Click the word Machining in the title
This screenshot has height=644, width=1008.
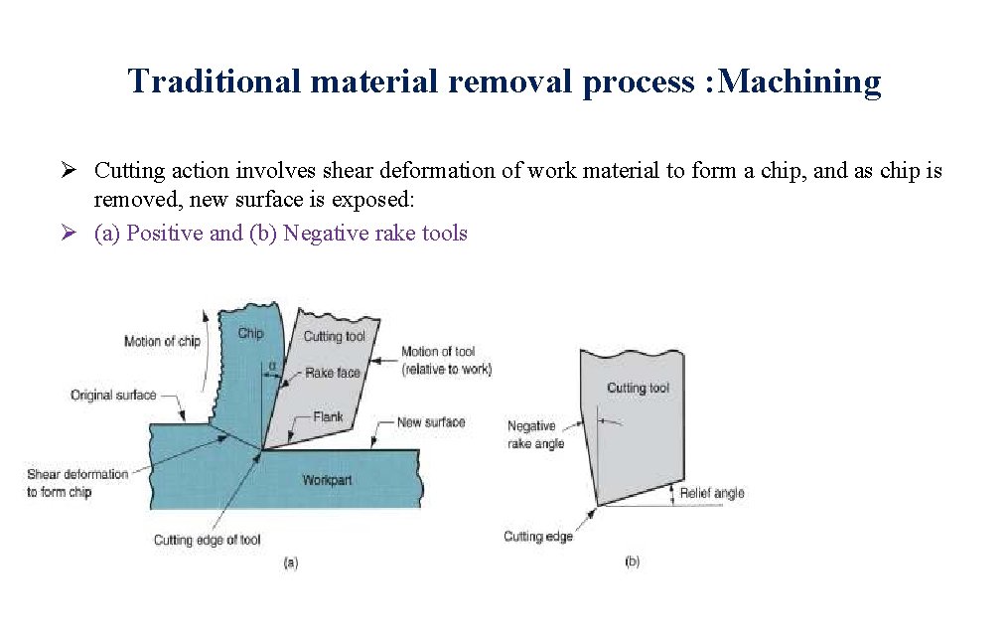[798, 82]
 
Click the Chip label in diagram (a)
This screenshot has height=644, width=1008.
[250, 333]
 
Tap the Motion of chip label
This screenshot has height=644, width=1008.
[162, 341]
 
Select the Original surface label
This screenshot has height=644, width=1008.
[113, 395]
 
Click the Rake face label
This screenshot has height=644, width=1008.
[333, 373]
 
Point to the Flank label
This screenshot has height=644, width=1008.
[328, 416]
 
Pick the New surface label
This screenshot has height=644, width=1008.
[430, 422]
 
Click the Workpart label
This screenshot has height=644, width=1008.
[327, 480]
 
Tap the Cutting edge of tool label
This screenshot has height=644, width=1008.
[207, 540]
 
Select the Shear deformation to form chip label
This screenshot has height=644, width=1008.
[76, 483]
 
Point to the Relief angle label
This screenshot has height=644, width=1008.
[711, 493]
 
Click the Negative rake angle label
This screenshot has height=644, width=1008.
[535, 434]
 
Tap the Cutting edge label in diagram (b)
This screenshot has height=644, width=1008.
[538, 537]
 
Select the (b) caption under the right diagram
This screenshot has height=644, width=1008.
[632, 562]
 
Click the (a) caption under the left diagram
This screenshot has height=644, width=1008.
[290, 563]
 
